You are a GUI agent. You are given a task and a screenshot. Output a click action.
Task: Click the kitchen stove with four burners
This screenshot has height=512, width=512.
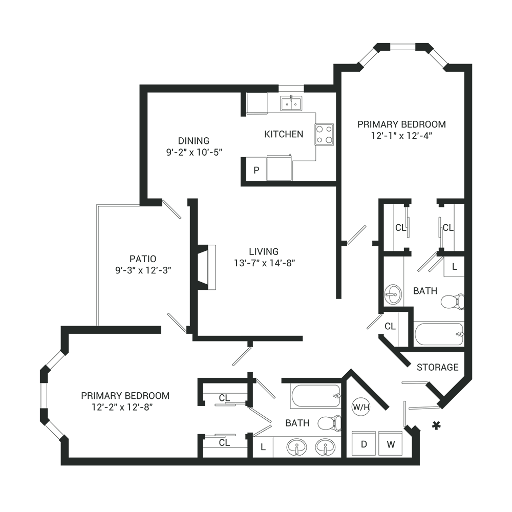(x=324, y=134)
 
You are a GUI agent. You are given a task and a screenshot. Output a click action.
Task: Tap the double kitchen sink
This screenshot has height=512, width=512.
(x=291, y=103)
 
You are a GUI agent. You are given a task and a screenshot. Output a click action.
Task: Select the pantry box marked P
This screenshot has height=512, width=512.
(x=256, y=170)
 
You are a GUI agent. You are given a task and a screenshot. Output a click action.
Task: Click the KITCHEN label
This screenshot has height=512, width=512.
(x=284, y=134)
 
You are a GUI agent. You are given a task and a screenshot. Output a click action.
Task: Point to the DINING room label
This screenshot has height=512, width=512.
(x=194, y=140)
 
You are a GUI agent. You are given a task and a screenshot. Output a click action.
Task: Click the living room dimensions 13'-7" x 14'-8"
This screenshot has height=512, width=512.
(x=264, y=263)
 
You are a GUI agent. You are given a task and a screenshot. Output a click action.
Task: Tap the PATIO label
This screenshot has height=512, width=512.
(x=143, y=259)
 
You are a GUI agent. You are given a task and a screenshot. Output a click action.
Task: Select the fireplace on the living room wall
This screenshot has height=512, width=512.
(x=206, y=267)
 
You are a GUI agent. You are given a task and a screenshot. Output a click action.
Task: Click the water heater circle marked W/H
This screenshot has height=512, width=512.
(x=361, y=408)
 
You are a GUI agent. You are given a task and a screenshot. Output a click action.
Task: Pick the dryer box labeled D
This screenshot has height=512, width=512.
(x=364, y=444)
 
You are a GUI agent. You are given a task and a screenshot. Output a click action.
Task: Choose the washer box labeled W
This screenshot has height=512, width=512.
(x=391, y=444)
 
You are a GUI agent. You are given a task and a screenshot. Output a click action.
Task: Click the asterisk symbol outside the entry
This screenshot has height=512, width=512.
(x=436, y=425)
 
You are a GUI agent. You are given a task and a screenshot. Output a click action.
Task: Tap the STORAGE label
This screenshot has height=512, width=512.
(x=437, y=367)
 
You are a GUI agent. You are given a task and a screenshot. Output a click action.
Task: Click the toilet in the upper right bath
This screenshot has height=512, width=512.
(x=453, y=301)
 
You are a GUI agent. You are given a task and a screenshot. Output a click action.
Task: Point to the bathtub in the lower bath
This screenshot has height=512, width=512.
(x=315, y=396)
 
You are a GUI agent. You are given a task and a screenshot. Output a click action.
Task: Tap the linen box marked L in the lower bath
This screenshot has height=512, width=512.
(x=263, y=447)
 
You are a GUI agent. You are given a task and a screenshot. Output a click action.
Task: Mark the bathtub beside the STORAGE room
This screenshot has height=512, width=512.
(x=439, y=334)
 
